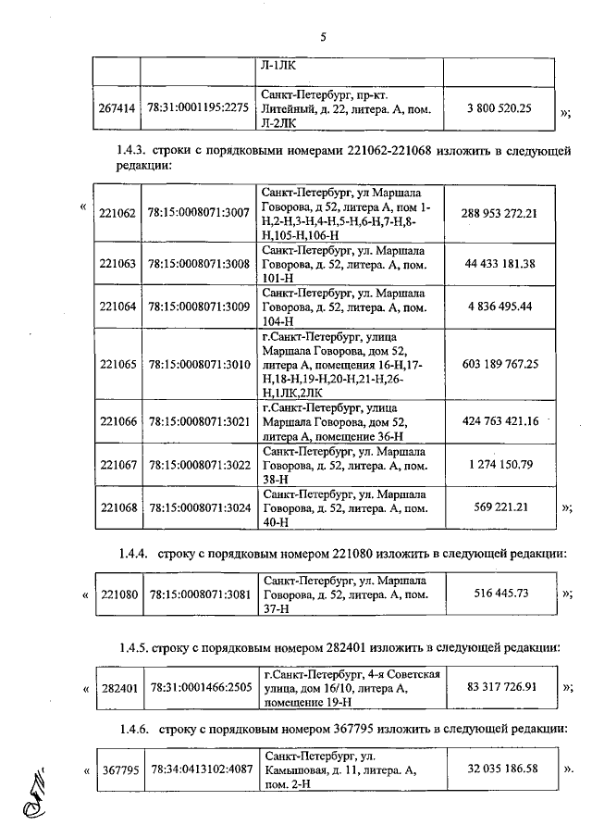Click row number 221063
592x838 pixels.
click(x=117, y=263)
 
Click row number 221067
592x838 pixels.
click(x=117, y=464)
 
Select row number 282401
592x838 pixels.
click(x=117, y=688)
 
